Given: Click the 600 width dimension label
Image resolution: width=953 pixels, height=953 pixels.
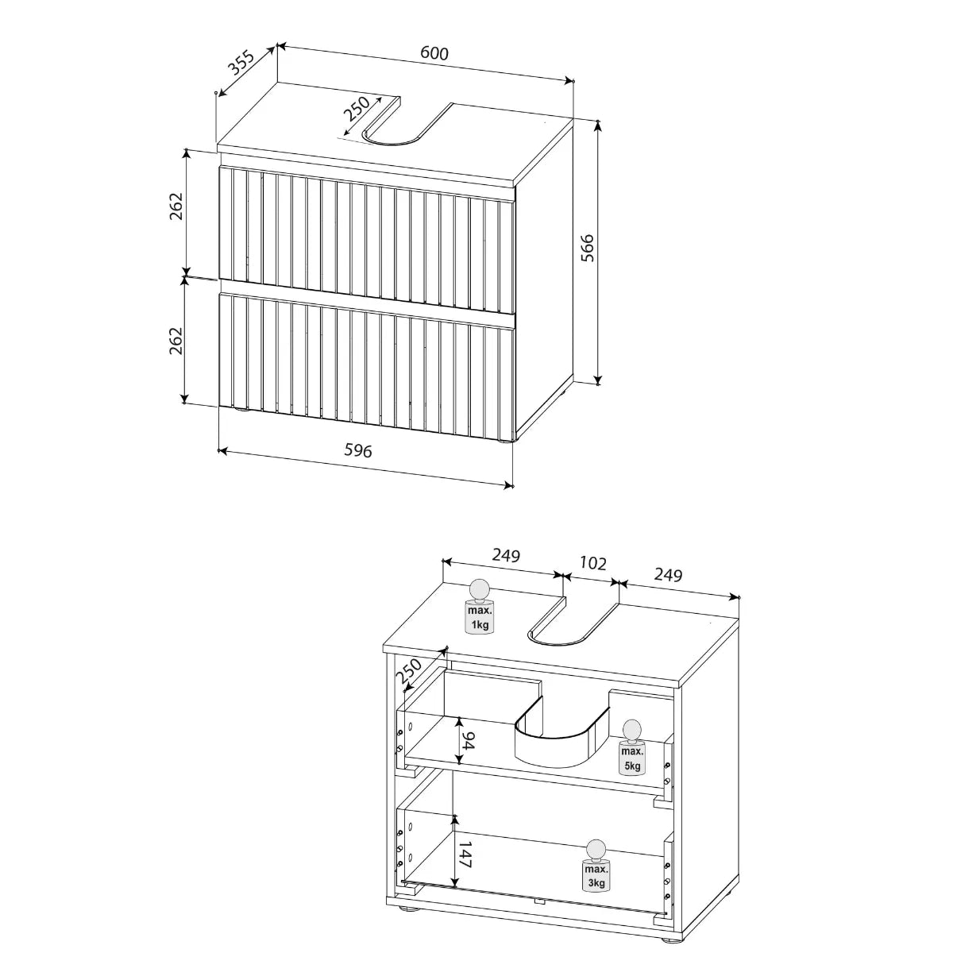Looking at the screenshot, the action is [434, 53].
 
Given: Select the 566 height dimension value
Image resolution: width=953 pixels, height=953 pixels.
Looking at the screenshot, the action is [587, 249].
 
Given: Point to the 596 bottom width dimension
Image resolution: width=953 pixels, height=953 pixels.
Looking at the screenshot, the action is [357, 450].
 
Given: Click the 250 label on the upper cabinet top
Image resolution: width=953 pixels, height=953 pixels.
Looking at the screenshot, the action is [357, 109].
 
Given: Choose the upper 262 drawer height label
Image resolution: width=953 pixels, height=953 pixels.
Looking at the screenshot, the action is [176, 206].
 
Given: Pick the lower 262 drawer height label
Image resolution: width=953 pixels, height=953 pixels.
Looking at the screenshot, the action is [176, 341].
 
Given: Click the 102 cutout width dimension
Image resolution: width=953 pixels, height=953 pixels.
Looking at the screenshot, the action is [592, 563].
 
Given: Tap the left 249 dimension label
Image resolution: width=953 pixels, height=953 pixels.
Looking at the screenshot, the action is [506, 555].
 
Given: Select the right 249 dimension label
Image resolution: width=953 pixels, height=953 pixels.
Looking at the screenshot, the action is [668, 575].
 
